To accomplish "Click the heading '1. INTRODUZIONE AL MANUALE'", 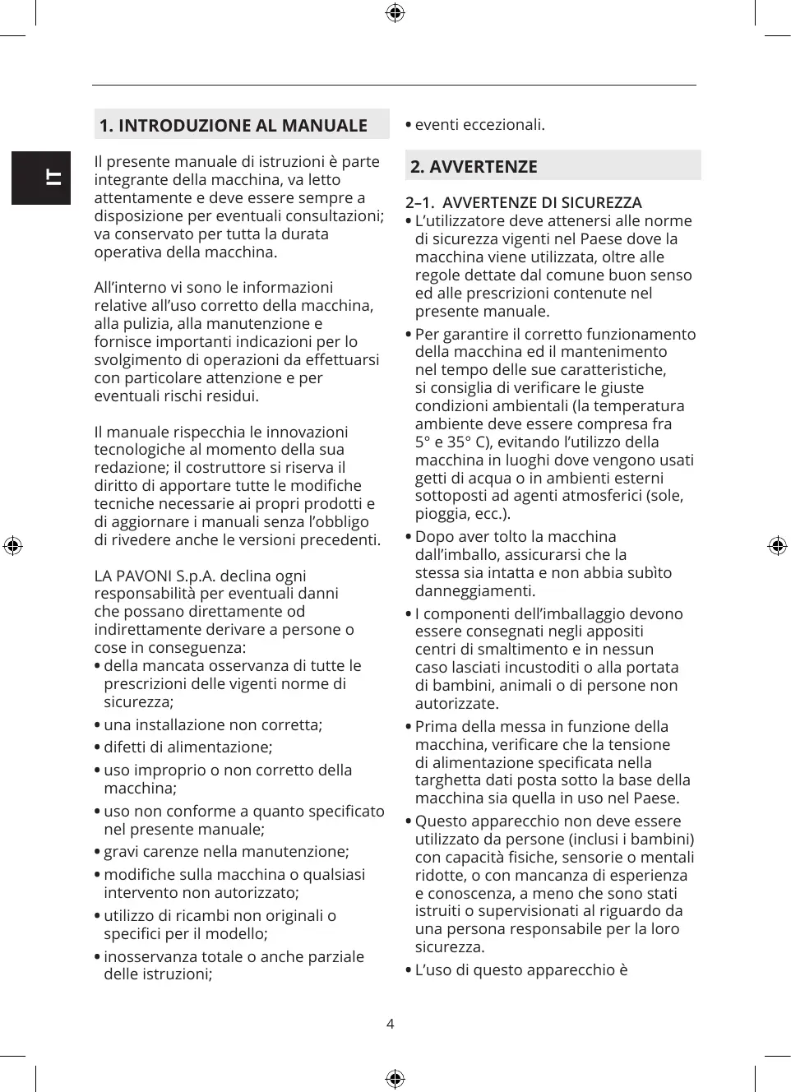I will (234, 126).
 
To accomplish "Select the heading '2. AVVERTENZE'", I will (474, 167).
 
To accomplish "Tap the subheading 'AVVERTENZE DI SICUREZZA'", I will (542, 203).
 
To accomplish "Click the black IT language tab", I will (41, 178).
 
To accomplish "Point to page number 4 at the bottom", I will (391, 1024).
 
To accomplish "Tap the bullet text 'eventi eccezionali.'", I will (479, 125).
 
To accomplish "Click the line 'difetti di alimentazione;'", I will (187, 747).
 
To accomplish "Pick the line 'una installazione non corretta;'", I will (213, 725).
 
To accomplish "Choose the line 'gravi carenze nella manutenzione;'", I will (226, 852).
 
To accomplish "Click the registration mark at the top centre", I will (395, 13).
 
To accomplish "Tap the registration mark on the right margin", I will (777, 546).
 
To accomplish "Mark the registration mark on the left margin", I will (13, 546).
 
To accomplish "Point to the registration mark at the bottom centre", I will (395, 1079).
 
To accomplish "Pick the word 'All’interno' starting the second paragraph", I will (132, 288).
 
